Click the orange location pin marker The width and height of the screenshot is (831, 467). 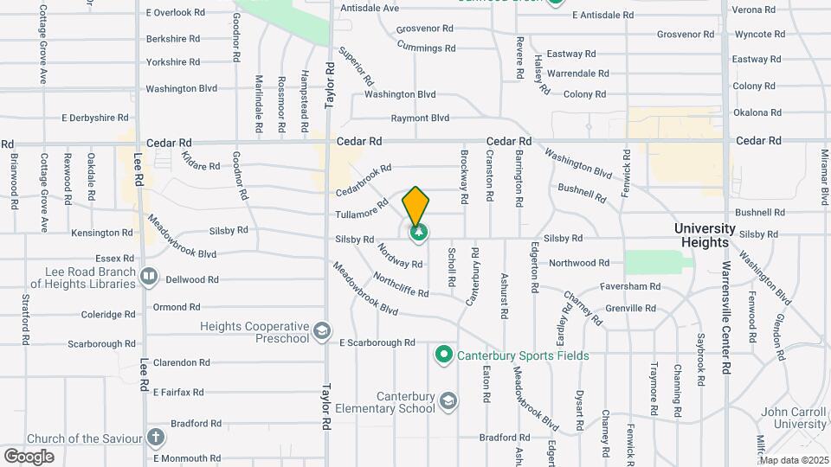pyautogui.click(x=416, y=206)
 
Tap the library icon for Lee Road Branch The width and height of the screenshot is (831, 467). pyautogui.click(x=149, y=278)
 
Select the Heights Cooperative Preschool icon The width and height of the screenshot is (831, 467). pyautogui.click(x=321, y=331)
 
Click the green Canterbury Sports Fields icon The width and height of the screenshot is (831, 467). pyautogui.click(x=444, y=355)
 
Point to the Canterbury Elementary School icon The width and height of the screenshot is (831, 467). pyautogui.click(x=449, y=400)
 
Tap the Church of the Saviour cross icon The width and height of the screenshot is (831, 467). pyautogui.click(x=155, y=438)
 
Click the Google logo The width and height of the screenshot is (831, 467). pyautogui.click(x=29, y=456)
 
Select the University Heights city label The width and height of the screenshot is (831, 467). pyautogui.click(x=705, y=235)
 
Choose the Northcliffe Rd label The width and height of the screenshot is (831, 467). pyautogui.click(x=401, y=285)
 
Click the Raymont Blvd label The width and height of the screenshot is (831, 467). pyautogui.click(x=420, y=118)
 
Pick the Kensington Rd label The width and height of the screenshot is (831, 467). pyautogui.click(x=102, y=233)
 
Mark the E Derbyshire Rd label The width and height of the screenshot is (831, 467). pyautogui.click(x=95, y=118)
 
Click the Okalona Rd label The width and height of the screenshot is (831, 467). pyautogui.click(x=757, y=112)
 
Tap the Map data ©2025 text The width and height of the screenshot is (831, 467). pyautogui.click(x=794, y=460)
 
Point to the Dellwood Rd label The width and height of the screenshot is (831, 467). pyautogui.click(x=192, y=279)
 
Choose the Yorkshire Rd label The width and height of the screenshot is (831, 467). pyautogui.click(x=173, y=62)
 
